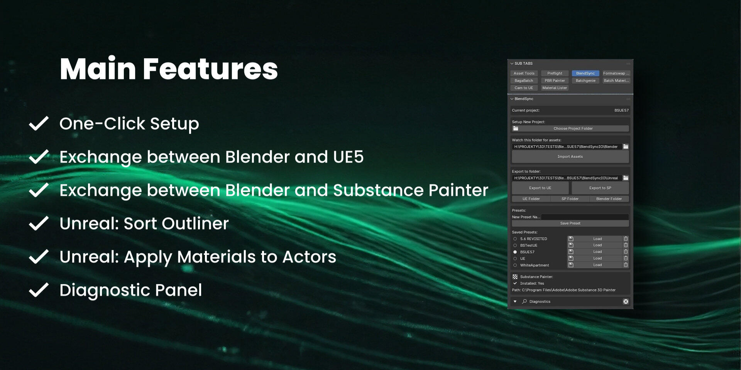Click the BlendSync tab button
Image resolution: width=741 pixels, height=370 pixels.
pyautogui.click(x=585, y=73)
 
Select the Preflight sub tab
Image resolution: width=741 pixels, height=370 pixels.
pyautogui.click(x=555, y=73)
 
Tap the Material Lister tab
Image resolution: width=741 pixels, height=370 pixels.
pyautogui.click(x=555, y=88)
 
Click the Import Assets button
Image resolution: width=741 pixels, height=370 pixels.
pyautogui.click(x=570, y=156)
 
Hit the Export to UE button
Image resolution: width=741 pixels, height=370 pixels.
pyautogui.click(x=540, y=188)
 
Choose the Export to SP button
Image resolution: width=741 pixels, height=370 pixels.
pyautogui.click(x=600, y=188)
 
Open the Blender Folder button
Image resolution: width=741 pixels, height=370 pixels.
pyautogui.click(x=609, y=199)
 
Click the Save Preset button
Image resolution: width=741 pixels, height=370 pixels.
pyautogui.click(x=570, y=223)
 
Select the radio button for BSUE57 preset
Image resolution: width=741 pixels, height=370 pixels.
pyautogui.click(x=515, y=252)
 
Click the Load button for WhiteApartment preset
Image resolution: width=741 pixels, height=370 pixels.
pyautogui.click(x=597, y=265)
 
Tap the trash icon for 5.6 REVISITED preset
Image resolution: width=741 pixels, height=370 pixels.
pyautogui.click(x=626, y=239)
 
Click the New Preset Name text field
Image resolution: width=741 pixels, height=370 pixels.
pyautogui.click(x=585, y=217)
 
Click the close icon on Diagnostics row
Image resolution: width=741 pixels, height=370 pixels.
pyautogui.click(x=626, y=301)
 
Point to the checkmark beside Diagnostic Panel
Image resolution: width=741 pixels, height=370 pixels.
pyautogui.click(x=39, y=290)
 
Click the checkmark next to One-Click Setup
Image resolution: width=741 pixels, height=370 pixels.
pyautogui.click(x=39, y=123)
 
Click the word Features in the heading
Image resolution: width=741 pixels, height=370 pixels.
pyautogui.click(x=210, y=69)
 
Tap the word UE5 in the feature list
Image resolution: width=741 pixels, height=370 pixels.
pyautogui.click(x=348, y=157)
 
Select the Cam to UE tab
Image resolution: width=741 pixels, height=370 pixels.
pyautogui.click(x=524, y=88)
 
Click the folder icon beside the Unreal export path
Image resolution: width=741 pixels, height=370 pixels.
pyautogui.click(x=626, y=178)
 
